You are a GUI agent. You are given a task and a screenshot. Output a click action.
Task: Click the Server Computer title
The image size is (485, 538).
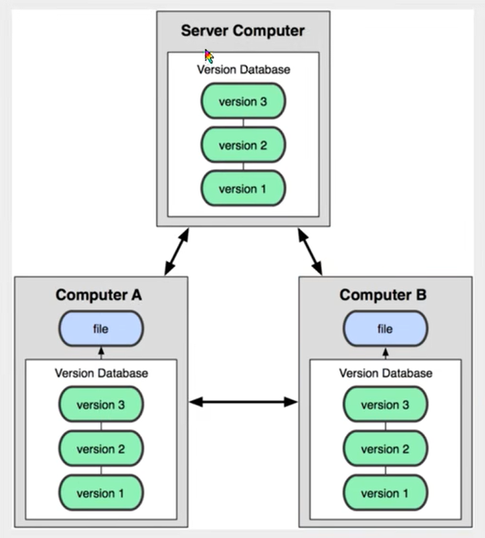[242, 32]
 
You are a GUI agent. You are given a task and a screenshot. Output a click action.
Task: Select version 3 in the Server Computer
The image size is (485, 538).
[242, 102]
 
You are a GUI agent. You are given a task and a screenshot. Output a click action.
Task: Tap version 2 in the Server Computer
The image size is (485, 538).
[242, 145]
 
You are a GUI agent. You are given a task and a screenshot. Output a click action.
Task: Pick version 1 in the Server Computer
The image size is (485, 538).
[242, 189]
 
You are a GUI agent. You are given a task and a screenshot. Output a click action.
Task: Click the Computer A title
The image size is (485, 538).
[99, 295]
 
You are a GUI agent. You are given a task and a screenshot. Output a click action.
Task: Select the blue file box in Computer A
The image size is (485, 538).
[101, 330]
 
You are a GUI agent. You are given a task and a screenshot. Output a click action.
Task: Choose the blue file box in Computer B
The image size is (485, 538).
[385, 330]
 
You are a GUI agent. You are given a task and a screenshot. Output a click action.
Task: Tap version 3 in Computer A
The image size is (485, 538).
[101, 405]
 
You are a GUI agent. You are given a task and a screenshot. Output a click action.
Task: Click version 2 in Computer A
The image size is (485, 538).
[101, 448]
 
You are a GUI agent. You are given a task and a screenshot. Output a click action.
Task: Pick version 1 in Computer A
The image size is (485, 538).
[101, 492]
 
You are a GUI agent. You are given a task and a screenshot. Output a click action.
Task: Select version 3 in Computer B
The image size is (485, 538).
[385, 405]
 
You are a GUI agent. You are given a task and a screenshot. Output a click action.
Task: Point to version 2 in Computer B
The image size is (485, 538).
[385, 448]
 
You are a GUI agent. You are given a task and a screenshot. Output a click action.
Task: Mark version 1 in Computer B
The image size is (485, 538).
[385, 492]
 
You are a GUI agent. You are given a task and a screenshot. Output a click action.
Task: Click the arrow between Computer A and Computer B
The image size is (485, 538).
[242, 401]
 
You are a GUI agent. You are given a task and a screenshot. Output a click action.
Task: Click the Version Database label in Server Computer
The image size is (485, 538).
[242, 69]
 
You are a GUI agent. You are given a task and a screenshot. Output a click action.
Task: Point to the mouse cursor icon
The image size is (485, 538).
[209, 56]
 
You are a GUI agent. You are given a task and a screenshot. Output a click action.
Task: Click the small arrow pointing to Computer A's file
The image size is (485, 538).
[101, 353]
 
